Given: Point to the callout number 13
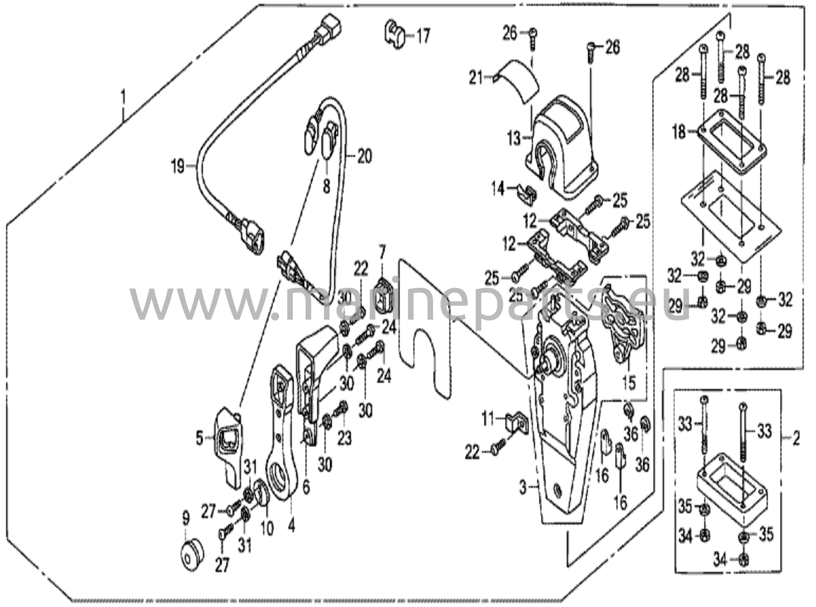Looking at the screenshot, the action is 515,139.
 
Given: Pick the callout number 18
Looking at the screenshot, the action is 680,131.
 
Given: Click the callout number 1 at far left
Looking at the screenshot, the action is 124,97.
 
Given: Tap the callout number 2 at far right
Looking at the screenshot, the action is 796,440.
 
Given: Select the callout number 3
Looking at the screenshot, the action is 523,487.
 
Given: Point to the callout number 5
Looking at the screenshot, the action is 200,439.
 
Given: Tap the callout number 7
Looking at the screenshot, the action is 382,252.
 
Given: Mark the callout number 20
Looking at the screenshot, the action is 363,155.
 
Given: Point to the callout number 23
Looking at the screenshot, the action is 345,438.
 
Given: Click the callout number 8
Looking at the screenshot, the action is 326,186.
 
